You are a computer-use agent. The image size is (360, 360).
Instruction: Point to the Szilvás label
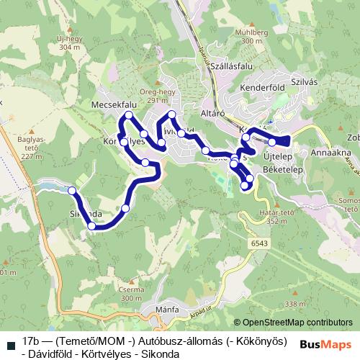click(305, 81)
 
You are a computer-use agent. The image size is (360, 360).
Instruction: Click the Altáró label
click(213, 113)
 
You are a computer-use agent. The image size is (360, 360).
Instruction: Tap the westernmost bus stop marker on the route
click(71, 191)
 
